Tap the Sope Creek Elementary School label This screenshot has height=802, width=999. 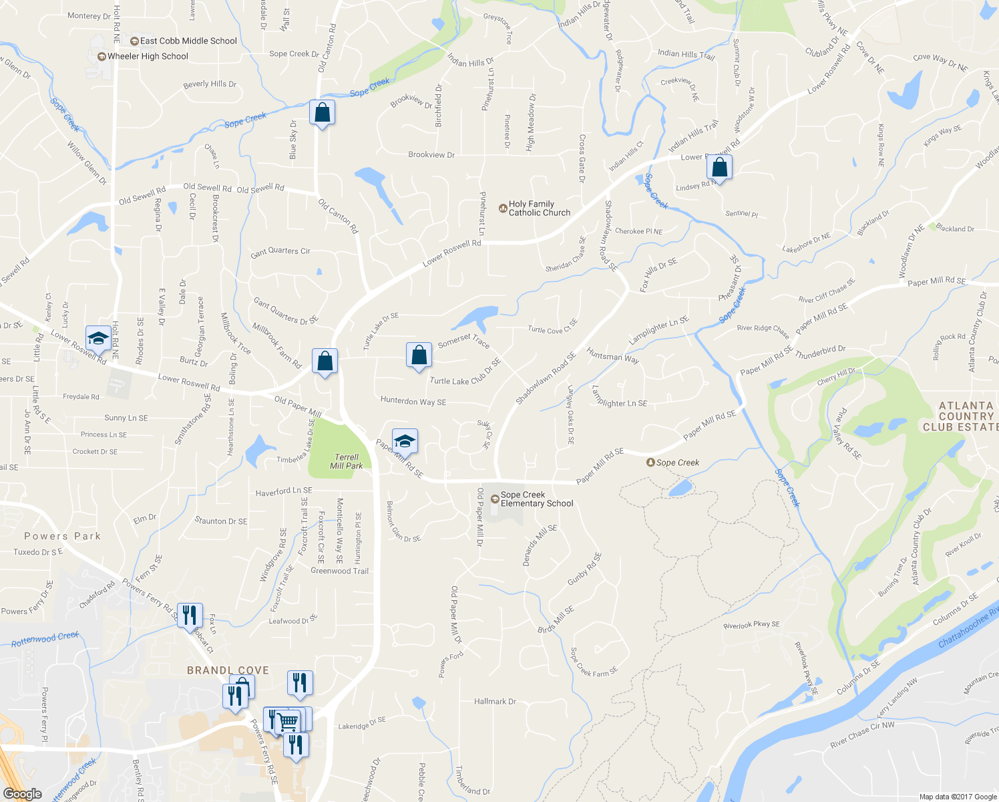[536, 499]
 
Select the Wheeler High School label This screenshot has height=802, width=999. [148, 57]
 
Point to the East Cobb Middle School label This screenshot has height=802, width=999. [188, 41]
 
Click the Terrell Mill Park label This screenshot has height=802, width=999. [347, 462]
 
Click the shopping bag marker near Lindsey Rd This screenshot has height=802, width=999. [719, 167]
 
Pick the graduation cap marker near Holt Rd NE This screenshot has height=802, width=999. [98, 338]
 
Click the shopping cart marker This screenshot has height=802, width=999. [288, 720]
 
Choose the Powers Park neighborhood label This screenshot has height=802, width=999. [62, 536]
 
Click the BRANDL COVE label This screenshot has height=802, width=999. [228, 670]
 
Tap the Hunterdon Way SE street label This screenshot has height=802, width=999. [413, 401]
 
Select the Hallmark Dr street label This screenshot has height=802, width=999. [495, 702]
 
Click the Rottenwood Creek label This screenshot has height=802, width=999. [45, 640]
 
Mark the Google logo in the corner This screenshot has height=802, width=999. [22, 794]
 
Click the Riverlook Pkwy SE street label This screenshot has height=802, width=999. [751, 626]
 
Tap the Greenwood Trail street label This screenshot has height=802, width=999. [339, 571]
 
